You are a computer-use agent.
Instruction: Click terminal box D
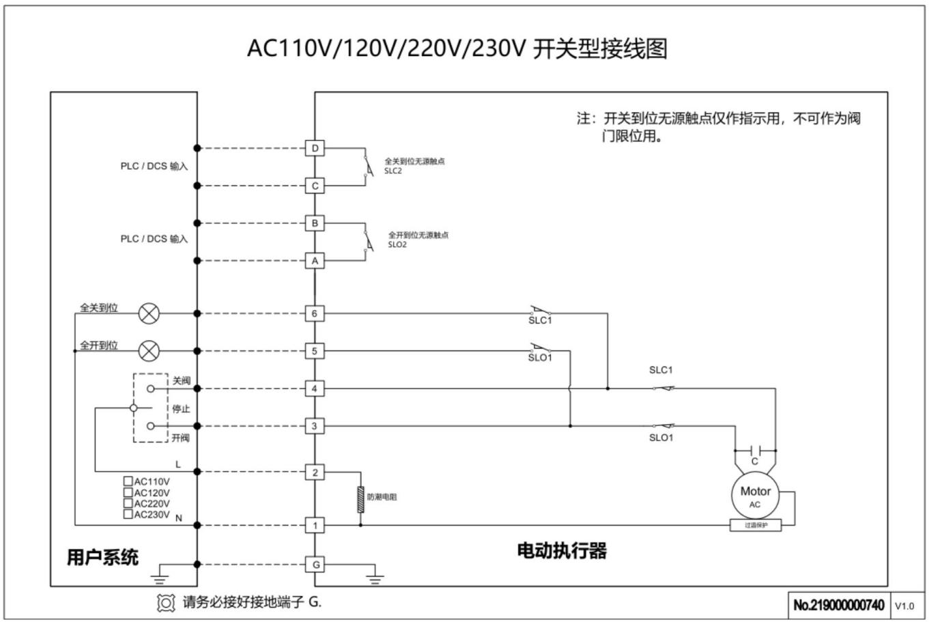click(315, 148)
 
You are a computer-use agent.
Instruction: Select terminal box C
click(315, 186)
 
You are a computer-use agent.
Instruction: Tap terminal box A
click(315, 261)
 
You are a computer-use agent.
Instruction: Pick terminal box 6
click(315, 313)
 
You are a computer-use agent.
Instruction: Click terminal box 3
click(315, 426)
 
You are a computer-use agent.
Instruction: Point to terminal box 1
click(315, 526)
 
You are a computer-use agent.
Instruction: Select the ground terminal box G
click(315, 565)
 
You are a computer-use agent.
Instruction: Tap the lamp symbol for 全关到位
click(149, 313)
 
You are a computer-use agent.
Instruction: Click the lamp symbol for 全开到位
click(149, 351)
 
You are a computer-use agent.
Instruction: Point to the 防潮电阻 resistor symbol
click(360, 499)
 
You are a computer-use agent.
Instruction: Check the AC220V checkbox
click(128, 503)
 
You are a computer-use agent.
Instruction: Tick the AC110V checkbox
click(128, 481)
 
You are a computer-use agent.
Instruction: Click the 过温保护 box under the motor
click(755, 525)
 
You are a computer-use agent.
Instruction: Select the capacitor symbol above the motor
click(755, 450)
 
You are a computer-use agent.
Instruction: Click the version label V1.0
click(905, 606)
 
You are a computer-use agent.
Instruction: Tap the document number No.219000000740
click(839, 605)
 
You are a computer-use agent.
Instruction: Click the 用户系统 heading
click(102, 557)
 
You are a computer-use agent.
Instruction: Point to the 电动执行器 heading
click(561, 550)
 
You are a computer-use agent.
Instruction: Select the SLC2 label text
click(393, 171)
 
